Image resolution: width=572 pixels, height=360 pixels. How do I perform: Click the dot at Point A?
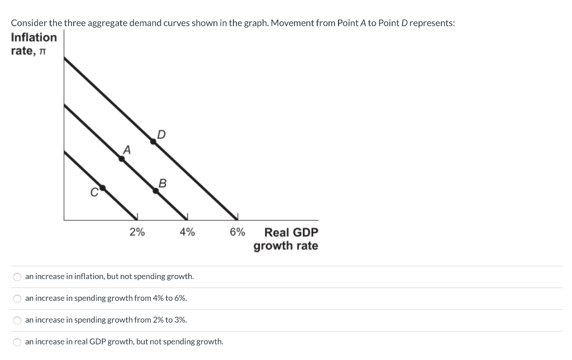(122, 159)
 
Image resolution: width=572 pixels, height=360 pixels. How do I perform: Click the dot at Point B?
(156, 191)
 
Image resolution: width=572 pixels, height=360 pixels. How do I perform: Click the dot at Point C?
(102, 188)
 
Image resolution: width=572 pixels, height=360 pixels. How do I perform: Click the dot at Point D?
(153, 141)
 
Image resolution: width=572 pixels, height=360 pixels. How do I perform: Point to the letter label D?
(161, 133)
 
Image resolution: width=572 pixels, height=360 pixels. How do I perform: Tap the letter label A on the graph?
(127, 150)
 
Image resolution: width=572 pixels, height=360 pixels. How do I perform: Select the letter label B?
(163, 183)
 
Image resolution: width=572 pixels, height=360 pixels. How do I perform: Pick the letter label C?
(94, 193)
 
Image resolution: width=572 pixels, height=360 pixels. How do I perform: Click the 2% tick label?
(137, 232)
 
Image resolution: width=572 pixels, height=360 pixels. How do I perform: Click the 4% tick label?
(187, 232)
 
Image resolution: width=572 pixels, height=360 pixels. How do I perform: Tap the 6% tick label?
(237, 232)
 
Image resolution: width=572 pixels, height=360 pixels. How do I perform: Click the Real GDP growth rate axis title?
(286, 239)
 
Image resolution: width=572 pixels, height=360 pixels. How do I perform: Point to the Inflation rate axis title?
(34, 44)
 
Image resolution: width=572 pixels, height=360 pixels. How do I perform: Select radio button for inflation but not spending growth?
(17, 277)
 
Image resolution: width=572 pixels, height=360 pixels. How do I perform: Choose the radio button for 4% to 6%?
(17, 299)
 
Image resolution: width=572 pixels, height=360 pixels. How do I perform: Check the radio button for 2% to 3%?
(17, 320)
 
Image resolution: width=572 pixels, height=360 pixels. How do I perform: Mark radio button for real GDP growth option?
(17, 342)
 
